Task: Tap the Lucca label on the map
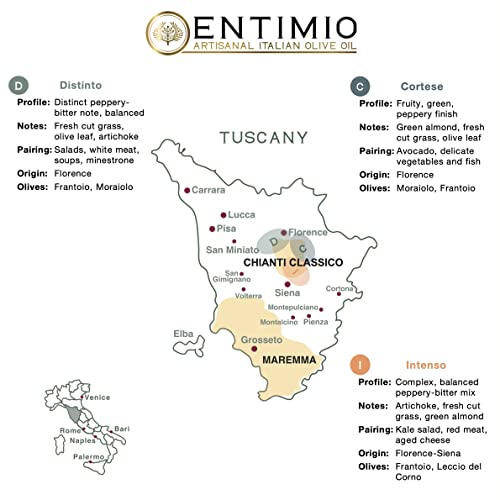[242, 215]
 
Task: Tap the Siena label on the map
[287, 293]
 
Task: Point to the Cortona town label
[339, 290]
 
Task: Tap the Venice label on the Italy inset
[97, 399]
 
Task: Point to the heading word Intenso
[400, 367]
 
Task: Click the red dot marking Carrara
[186, 188]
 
